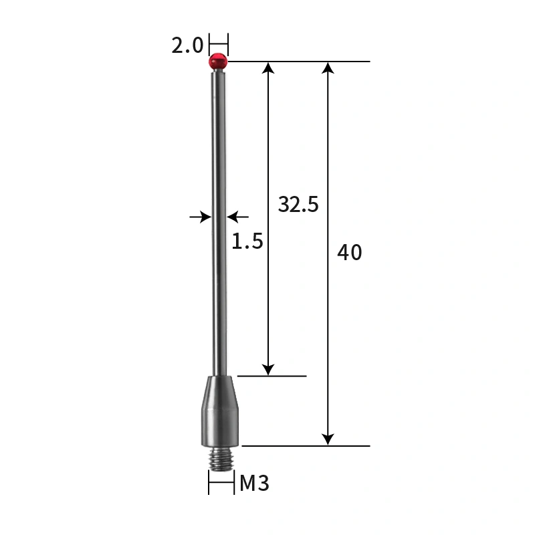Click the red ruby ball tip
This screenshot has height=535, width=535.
click(218, 62)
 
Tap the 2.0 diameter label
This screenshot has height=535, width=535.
click(187, 45)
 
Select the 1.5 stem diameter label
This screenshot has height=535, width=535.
click(247, 241)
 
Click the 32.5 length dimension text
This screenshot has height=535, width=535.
click(298, 205)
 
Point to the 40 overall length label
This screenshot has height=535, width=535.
click(349, 253)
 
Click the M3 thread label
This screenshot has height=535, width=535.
click(254, 483)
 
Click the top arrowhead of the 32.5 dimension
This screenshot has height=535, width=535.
click(268, 68)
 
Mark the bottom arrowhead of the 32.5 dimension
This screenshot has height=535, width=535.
click(268, 369)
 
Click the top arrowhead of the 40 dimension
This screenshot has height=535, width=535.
click(328, 68)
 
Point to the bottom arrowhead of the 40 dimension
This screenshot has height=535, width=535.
click(328, 439)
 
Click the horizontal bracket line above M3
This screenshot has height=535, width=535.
click(221, 484)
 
